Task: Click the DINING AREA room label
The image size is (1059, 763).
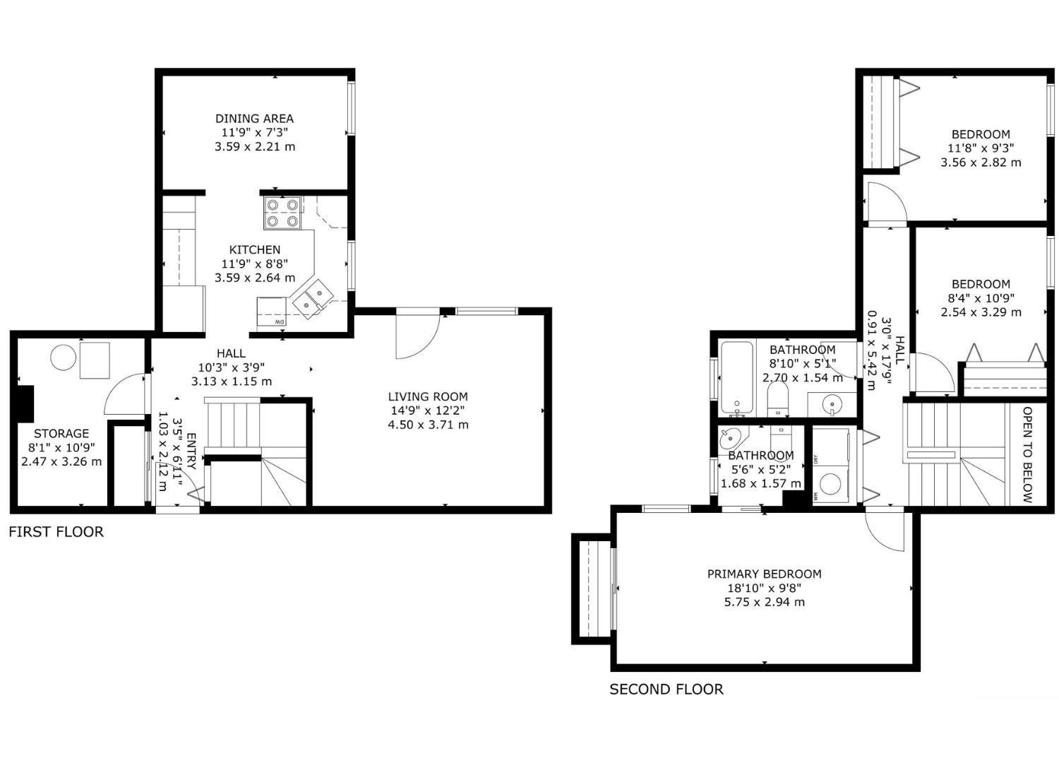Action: tap(254, 119)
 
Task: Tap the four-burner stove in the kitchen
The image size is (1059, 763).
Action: tap(282, 213)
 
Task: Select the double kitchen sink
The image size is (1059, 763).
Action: tap(312, 299)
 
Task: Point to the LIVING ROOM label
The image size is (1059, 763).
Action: tap(428, 396)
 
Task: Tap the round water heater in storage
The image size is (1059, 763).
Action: tap(64, 357)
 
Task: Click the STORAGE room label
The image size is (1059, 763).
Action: tap(61, 433)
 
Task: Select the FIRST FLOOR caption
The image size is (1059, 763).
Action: tap(56, 532)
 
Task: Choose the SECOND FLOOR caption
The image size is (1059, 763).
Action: tap(666, 690)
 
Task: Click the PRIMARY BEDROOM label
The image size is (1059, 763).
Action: tap(764, 574)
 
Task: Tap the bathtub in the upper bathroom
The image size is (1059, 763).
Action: tap(737, 378)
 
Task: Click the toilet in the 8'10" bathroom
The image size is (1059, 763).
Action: tap(777, 400)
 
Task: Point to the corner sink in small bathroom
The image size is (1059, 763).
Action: tap(730, 440)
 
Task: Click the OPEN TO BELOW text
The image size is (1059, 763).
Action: tap(1027, 455)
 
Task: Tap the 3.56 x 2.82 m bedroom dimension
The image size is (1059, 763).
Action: tap(981, 162)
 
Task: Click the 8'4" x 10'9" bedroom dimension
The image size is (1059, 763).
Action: tap(981, 298)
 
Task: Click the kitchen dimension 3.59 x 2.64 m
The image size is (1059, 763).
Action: tap(255, 278)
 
